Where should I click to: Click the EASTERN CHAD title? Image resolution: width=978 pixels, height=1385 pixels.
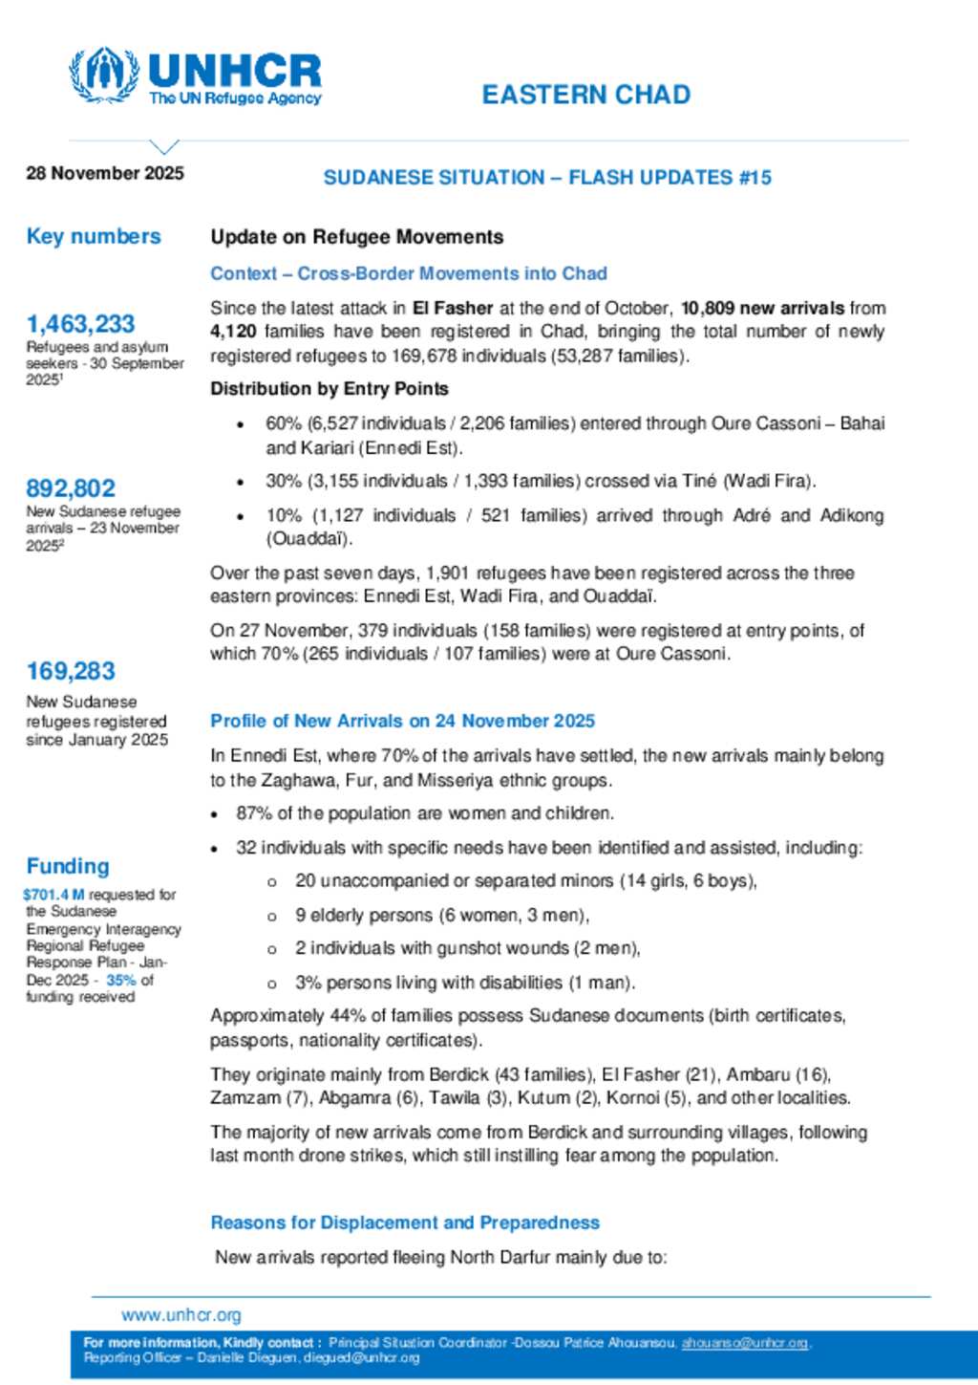(x=585, y=95)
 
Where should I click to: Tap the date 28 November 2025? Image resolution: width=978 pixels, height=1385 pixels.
(x=105, y=173)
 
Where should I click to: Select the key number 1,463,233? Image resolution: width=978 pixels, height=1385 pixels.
(x=80, y=324)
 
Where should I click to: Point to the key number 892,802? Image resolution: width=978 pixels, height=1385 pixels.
(x=71, y=488)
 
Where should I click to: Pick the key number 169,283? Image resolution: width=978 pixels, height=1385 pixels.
(x=71, y=671)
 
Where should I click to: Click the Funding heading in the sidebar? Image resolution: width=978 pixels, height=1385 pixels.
(x=68, y=866)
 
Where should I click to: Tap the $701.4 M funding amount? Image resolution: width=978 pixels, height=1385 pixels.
(x=53, y=895)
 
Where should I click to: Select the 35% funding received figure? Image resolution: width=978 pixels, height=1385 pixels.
(x=120, y=980)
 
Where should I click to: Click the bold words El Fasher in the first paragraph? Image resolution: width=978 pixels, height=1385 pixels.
(x=453, y=308)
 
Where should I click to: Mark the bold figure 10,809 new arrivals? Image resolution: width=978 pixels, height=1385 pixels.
(x=762, y=308)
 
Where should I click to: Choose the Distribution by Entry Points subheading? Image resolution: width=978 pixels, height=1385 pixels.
(x=330, y=389)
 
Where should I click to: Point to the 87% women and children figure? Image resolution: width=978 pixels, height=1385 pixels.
(x=252, y=813)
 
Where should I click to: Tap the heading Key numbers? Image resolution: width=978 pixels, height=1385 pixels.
(x=94, y=236)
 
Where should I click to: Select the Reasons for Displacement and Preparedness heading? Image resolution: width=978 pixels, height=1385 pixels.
(x=405, y=1223)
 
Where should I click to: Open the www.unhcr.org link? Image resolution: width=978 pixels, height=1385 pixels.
(x=181, y=1315)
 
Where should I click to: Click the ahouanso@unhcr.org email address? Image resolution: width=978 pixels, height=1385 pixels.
(x=744, y=1343)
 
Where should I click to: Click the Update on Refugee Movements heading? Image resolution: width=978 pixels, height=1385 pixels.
(x=356, y=237)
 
